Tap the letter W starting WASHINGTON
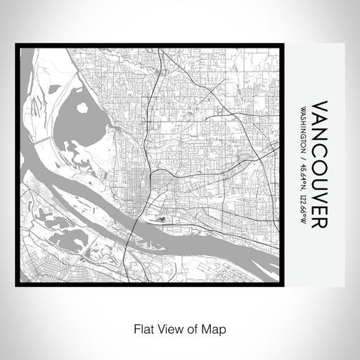(303, 108)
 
